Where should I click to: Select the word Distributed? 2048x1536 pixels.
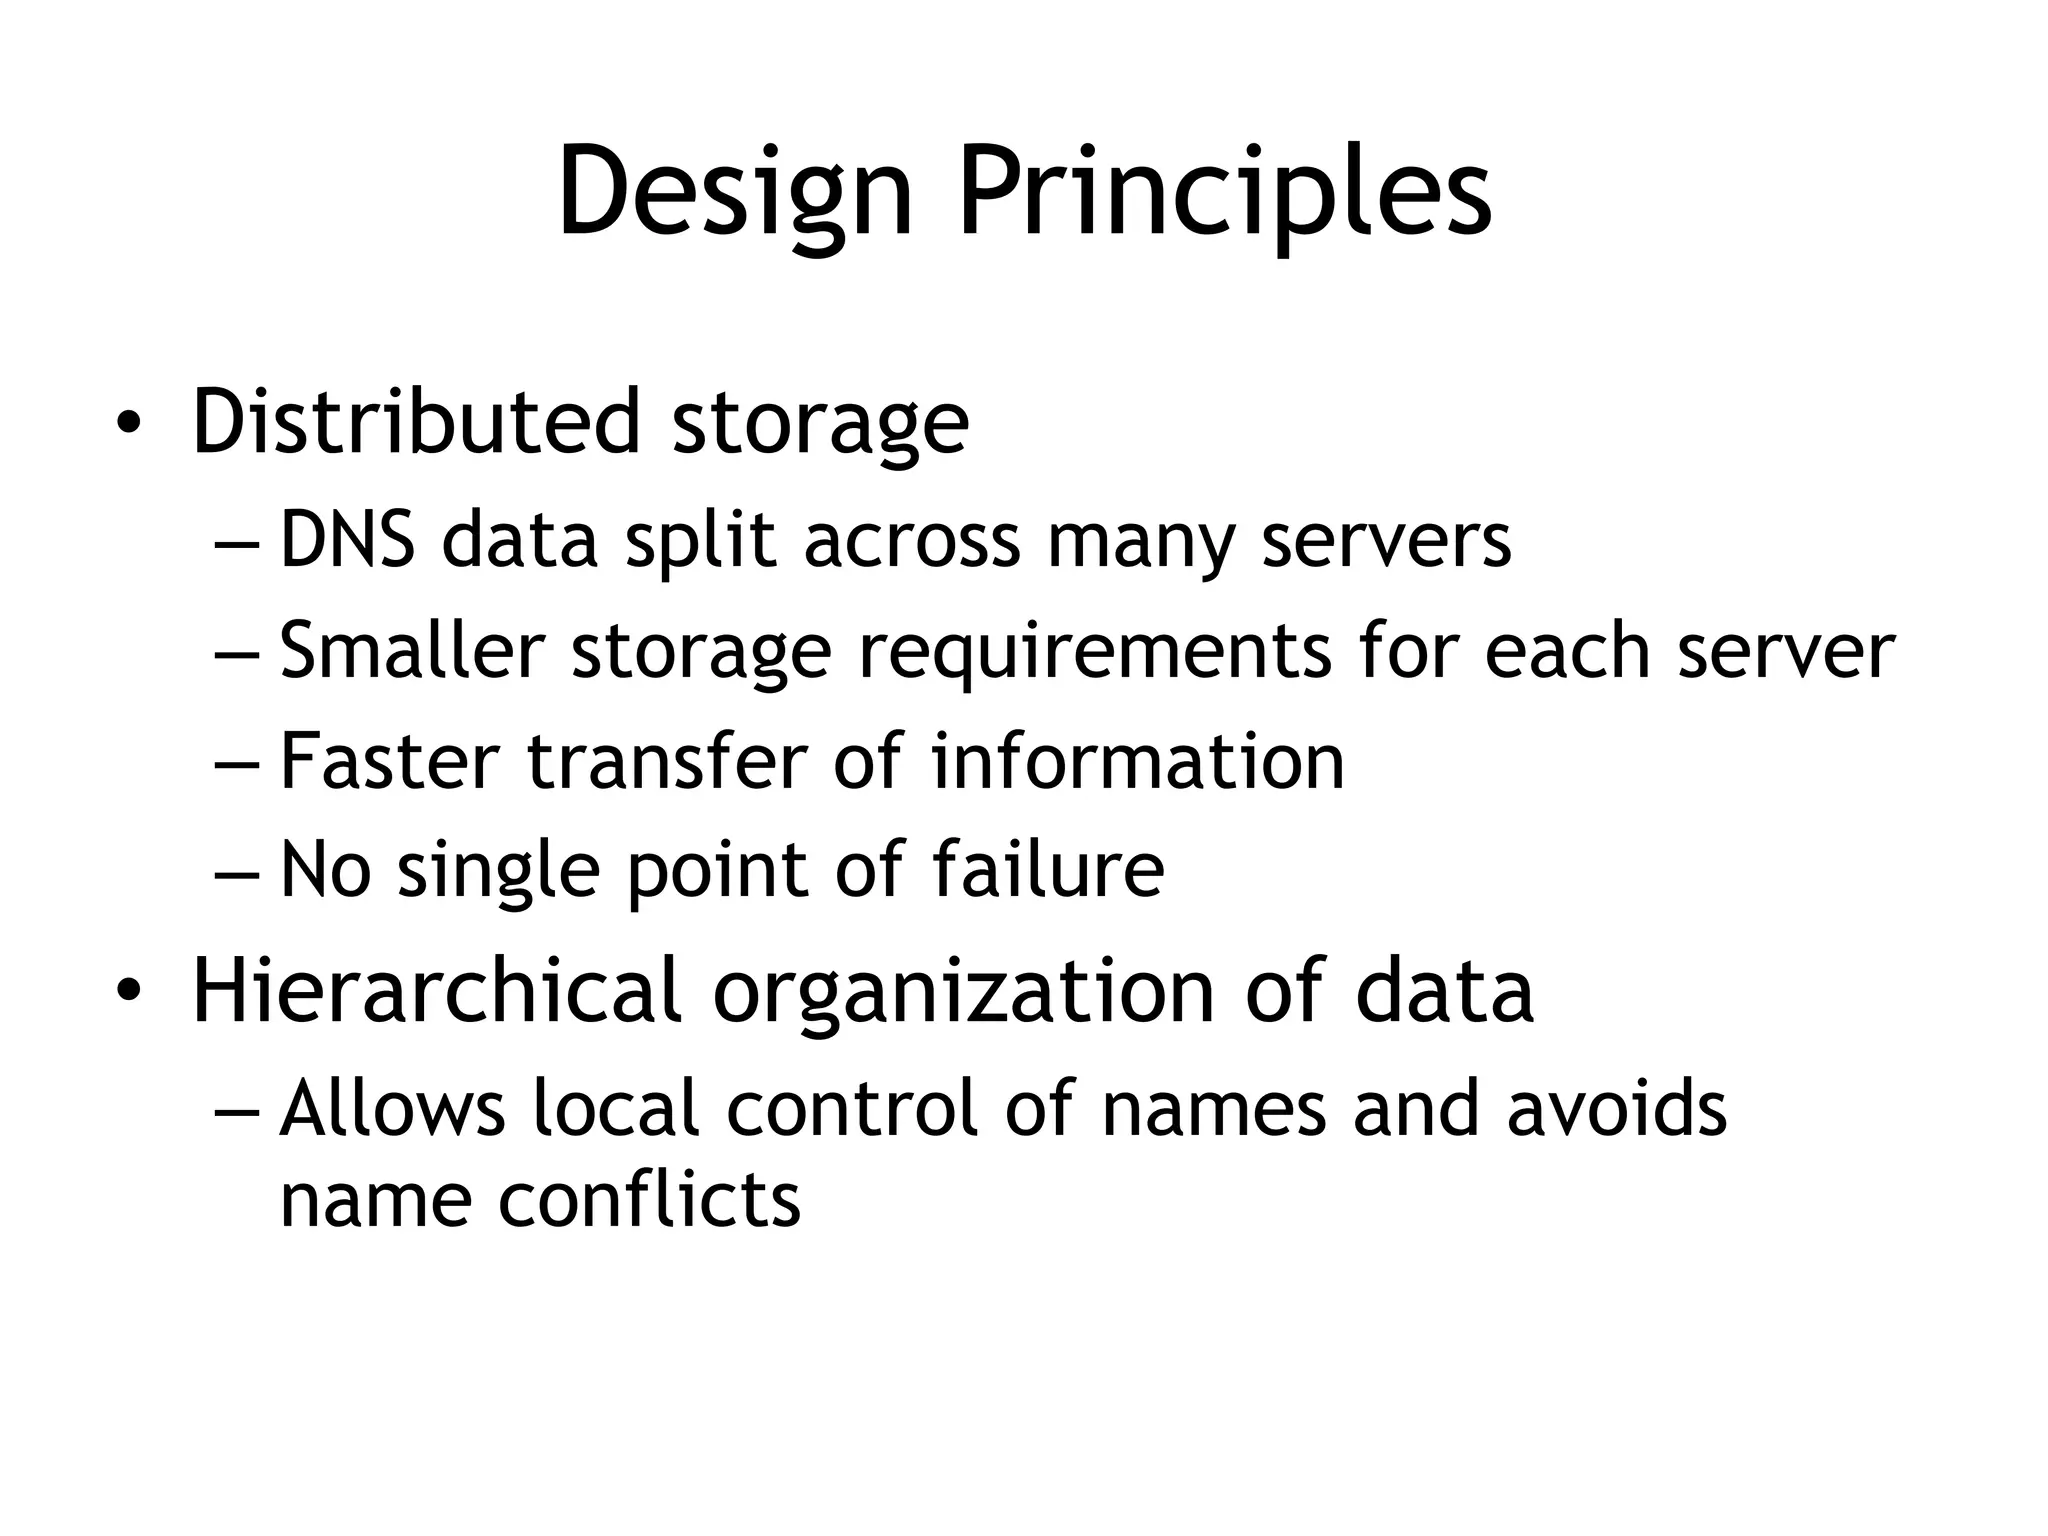click(x=415, y=422)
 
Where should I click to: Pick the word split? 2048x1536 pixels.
click(x=700, y=541)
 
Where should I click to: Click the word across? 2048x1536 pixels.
click(x=911, y=541)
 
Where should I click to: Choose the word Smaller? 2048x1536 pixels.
click(x=411, y=651)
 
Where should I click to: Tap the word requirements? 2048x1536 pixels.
click(x=1095, y=651)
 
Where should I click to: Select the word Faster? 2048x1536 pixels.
click(x=389, y=761)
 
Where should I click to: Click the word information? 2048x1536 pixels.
click(x=1137, y=761)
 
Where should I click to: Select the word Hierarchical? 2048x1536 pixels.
click(x=436, y=990)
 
